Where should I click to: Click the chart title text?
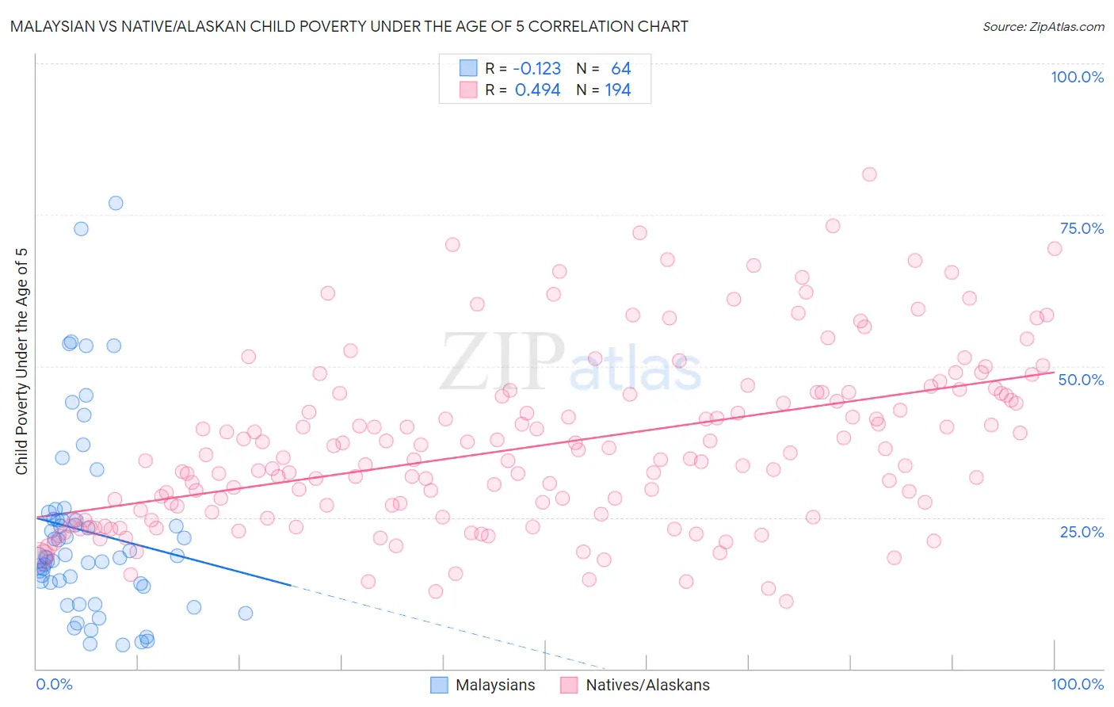click(x=349, y=26)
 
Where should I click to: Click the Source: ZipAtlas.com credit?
click(x=1043, y=26)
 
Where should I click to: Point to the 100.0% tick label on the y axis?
click(x=1077, y=77)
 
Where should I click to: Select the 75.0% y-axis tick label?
click(x=1082, y=228)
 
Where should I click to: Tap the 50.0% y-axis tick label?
click(x=1081, y=380)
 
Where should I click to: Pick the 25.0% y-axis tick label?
click(x=1082, y=532)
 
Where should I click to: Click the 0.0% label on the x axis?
click(x=54, y=684)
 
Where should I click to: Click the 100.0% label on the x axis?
click(x=1077, y=684)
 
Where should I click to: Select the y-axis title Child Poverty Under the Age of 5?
click(x=22, y=361)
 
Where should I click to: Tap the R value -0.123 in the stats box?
click(x=537, y=69)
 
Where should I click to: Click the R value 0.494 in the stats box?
click(x=537, y=90)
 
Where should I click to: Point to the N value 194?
click(x=618, y=90)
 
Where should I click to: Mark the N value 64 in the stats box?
click(x=620, y=69)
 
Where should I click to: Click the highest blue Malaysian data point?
click(x=116, y=203)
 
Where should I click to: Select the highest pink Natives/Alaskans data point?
click(x=869, y=174)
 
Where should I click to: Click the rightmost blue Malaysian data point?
click(x=246, y=613)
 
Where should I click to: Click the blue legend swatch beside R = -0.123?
click(x=468, y=68)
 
